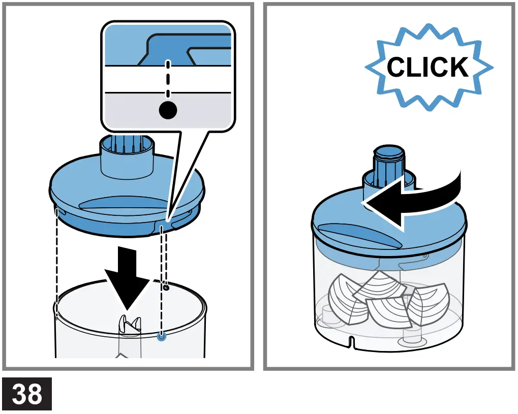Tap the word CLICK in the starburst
[428, 67]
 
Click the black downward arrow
[128, 277]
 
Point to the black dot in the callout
[168, 109]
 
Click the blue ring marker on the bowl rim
[162, 336]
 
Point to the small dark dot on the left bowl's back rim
[166, 287]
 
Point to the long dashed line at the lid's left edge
[56, 264]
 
